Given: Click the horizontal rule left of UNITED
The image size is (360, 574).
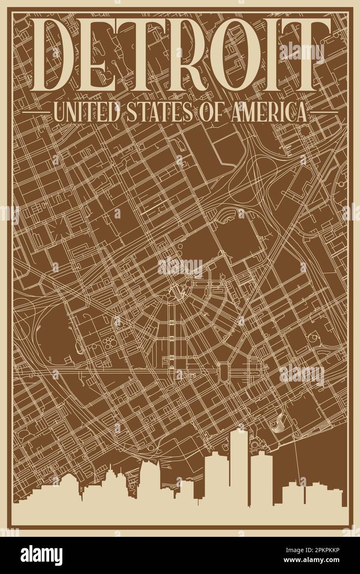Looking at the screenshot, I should click(36, 111).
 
